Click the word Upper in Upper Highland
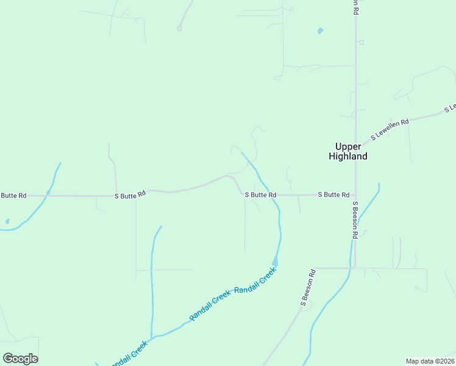coord(348,146)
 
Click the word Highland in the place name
coord(348,156)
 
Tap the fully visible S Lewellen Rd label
coord(390,129)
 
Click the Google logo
coord(21,358)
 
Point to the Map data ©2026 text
coord(430,361)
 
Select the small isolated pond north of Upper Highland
coord(320,30)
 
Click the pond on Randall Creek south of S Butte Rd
coord(275,261)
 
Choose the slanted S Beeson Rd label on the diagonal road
coord(307,287)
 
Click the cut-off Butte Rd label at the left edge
coord(13,195)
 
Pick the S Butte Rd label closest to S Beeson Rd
coord(333,195)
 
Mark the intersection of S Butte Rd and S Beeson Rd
coord(355,195)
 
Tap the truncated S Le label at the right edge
coord(451,109)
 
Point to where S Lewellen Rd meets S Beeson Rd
coord(356,149)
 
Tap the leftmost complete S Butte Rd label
coord(130,195)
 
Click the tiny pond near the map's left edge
coord(7,221)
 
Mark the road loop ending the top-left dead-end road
coord(180,27)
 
